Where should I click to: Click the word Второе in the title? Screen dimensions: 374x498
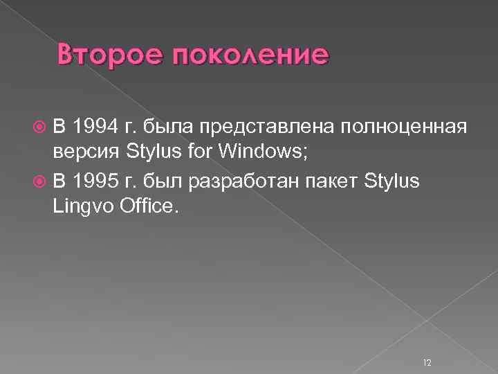[x=104, y=55]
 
